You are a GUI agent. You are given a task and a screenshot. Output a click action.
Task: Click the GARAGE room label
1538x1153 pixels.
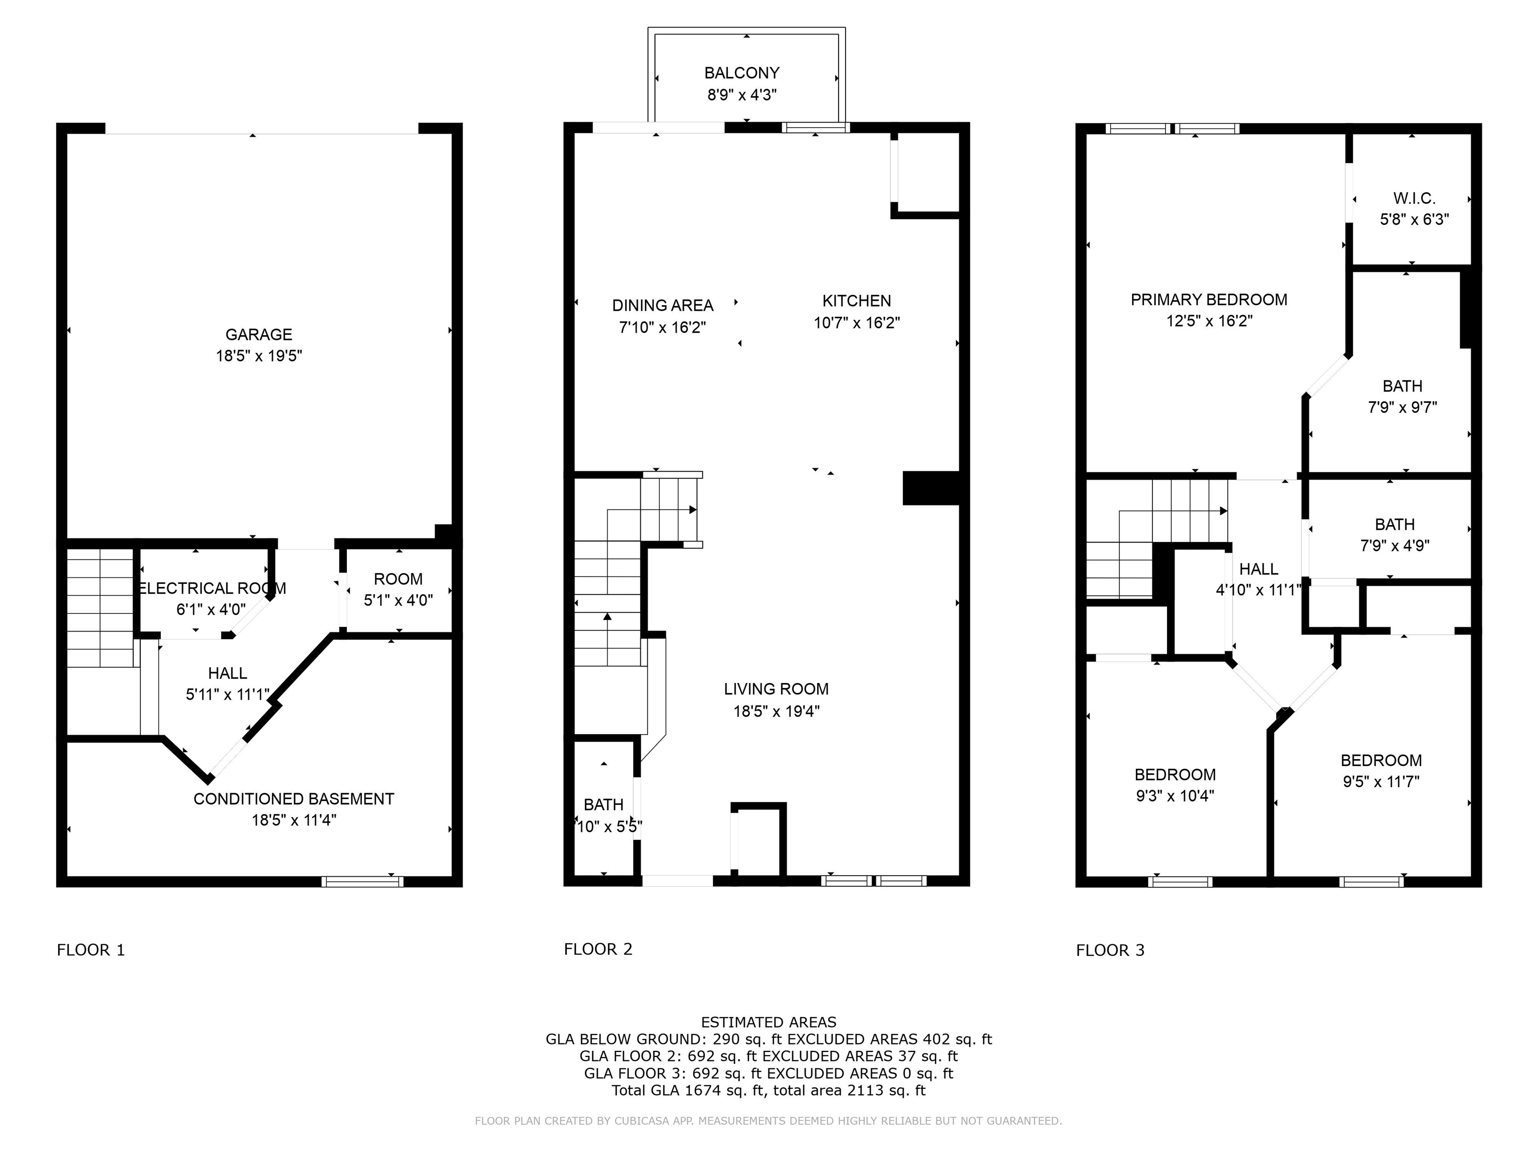click(x=259, y=334)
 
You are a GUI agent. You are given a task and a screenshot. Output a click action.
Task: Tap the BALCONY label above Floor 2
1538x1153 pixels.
click(x=742, y=73)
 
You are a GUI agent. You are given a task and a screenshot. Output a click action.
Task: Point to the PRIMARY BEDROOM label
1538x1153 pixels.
click(x=1209, y=300)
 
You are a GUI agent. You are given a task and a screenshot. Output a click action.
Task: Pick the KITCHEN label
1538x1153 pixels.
click(x=857, y=301)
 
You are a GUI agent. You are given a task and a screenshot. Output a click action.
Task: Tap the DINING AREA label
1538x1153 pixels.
click(x=663, y=305)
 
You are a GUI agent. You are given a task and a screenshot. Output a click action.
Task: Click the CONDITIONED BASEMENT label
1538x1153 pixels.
click(x=293, y=799)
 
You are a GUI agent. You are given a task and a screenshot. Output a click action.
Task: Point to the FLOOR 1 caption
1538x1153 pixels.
click(x=91, y=950)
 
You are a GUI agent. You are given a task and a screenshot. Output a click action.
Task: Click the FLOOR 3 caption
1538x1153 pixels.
click(x=1110, y=950)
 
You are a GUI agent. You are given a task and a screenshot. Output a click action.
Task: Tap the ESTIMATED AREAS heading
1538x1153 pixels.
click(x=769, y=1022)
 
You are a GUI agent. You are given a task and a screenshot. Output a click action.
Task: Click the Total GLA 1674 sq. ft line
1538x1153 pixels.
click(x=769, y=1090)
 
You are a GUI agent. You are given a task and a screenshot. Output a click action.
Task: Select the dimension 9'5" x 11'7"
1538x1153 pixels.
click(x=1381, y=781)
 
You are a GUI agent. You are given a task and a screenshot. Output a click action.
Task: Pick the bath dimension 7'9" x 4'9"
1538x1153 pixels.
click(x=1395, y=545)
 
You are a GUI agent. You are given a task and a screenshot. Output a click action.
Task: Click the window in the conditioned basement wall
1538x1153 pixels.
click(x=362, y=881)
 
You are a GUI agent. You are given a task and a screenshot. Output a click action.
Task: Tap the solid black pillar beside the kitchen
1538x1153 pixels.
click(x=931, y=488)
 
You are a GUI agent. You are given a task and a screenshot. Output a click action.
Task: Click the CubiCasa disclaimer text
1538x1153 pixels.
click(x=768, y=1121)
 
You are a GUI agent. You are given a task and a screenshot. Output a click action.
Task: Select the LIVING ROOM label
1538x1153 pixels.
click(x=777, y=689)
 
